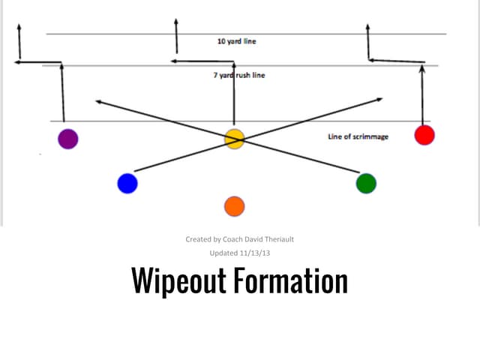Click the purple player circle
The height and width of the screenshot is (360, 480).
(68, 139)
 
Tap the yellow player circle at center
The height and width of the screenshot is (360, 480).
(234, 139)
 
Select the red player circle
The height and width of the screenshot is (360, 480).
(424, 135)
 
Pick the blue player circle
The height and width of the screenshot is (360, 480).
(127, 183)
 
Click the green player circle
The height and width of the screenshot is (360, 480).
(366, 183)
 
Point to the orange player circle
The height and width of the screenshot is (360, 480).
(234, 206)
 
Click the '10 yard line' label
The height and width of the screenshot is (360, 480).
(236, 40)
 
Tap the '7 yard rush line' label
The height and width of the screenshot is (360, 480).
(238, 75)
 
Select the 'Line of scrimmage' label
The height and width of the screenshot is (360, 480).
(358, 137)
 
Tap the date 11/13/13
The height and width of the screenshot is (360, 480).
(256, 253)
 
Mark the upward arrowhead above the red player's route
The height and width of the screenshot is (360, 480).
(367, 28)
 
